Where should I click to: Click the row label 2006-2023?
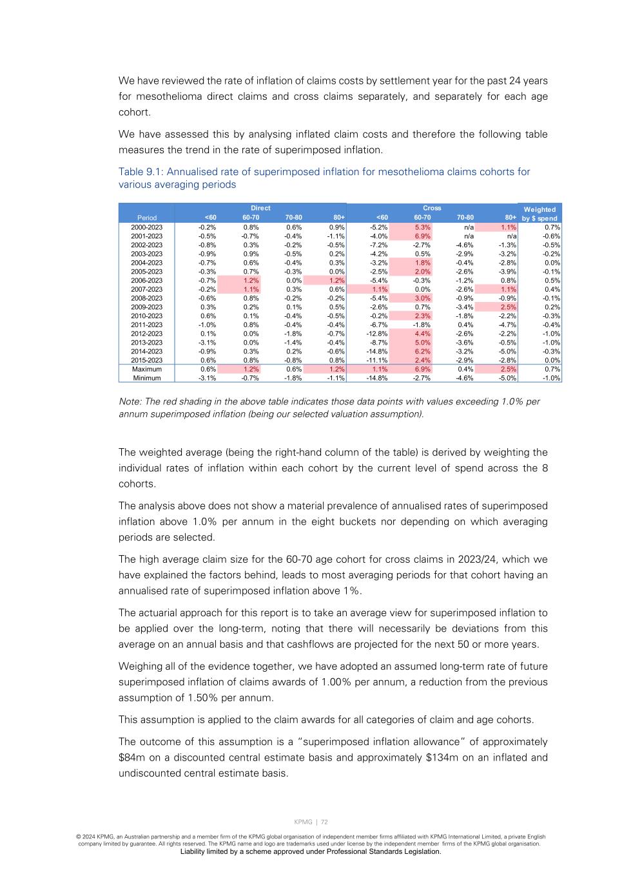click(x=146, y=281)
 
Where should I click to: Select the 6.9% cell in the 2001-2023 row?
click(x=422, y=236)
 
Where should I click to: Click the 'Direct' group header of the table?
click(x=260, y=208)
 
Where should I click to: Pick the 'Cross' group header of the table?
click(x=432, y=208)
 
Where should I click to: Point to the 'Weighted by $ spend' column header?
click(x=539, y=214)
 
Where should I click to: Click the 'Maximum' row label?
click(x=146, y=370)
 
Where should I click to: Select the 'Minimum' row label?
click(x=146, y=378)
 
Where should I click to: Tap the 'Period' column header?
click(x=146, y=218)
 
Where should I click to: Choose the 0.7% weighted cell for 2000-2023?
click(x=552, y=227)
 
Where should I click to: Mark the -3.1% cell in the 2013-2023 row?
click(x=207, y=343)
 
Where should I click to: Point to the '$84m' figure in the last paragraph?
click(x=132, y=757)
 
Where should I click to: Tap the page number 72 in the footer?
click(x=324, y=822)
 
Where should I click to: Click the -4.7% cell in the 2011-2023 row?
click(x=507, y=325)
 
